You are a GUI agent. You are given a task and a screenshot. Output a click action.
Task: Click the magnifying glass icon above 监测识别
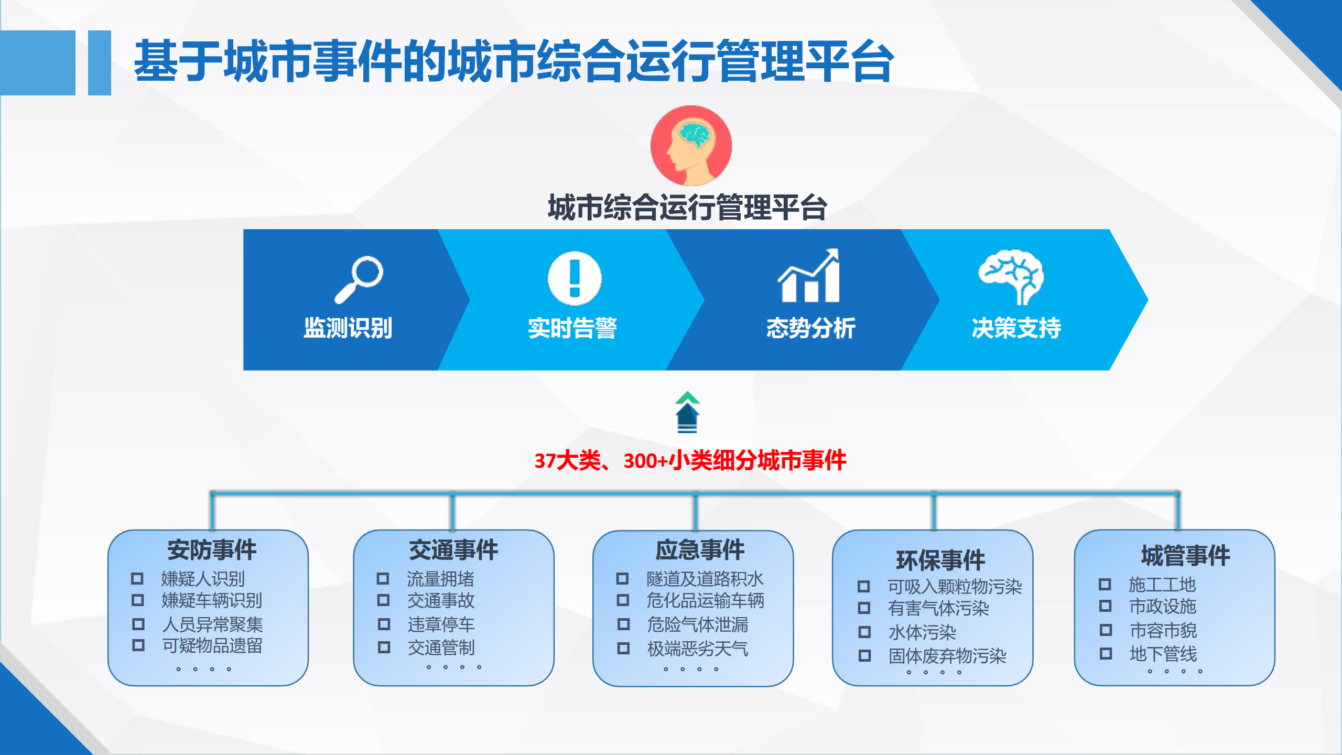pos(359,279)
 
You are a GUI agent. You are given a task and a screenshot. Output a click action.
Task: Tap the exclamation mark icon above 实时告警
pos(575,278)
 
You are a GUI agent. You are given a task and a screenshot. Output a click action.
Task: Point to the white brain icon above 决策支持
pos(1011,277)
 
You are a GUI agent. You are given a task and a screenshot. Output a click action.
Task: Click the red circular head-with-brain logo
pos(691,146)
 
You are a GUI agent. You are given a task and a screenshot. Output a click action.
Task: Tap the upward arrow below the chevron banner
pos(687,412)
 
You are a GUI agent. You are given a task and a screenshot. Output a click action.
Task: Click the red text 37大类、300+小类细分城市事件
pos(690,460)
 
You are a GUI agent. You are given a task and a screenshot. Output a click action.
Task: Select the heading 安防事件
pos(212,550)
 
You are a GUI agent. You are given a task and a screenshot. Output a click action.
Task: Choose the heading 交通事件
pos(453,550)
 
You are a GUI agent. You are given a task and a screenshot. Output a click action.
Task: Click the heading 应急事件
pos(700,550)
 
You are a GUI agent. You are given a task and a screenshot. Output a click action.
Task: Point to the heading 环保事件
pos(940,560)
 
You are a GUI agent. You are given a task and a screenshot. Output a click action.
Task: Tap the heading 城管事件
pos(1185,556)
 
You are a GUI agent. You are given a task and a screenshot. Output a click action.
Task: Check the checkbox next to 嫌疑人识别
pos(137,579)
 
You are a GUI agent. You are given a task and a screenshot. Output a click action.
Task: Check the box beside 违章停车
pos(384,624)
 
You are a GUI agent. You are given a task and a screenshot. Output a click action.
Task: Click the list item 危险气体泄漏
pos(697,624)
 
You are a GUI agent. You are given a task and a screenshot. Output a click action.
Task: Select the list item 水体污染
pos(922,632)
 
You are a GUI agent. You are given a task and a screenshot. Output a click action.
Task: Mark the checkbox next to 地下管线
pos(1106,654)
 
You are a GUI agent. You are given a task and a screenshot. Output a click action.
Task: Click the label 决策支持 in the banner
pos(1016,328)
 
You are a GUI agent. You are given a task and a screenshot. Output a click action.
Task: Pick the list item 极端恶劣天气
pos(697,649)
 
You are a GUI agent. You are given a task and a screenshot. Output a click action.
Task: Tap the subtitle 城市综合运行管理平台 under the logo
pos(687,207)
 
